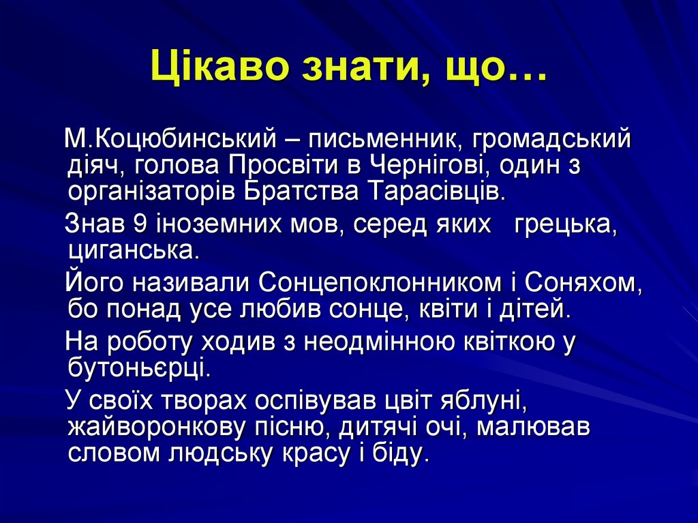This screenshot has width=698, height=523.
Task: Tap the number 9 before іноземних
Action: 140,224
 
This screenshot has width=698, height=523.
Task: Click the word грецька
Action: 566,225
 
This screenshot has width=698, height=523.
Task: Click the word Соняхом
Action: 583,284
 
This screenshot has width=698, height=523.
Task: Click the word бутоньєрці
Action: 138,369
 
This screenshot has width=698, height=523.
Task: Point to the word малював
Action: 533,428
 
